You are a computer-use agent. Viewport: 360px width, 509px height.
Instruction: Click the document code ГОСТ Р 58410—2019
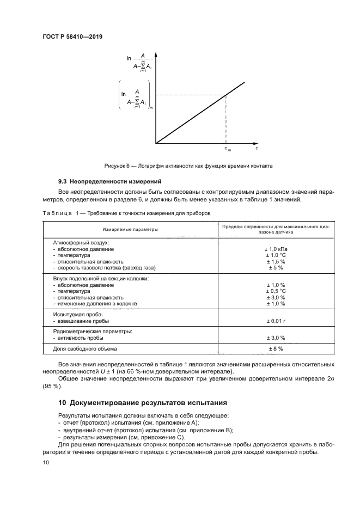point(72,36)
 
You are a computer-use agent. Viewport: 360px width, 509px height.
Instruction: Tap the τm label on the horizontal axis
point(228,149)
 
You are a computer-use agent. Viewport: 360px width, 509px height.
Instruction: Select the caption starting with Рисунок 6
point(188,165)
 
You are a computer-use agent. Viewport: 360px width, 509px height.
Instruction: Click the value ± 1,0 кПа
point(276,249)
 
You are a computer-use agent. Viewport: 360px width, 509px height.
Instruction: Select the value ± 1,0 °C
point(276,255)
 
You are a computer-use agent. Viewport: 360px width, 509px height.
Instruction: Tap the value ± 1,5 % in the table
point(276,262)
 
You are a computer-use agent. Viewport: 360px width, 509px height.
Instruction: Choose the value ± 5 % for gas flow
point(276,268)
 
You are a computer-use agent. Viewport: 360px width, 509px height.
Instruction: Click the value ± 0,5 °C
point(276,291)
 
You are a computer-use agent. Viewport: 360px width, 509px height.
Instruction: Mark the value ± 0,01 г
point(276,321)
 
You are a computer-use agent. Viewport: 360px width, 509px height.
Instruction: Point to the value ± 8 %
point(276,348)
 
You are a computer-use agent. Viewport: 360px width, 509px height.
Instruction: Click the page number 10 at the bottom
point(45,462)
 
